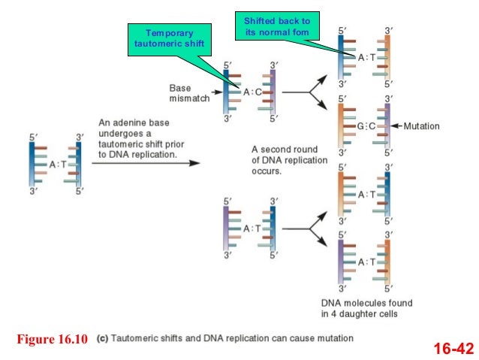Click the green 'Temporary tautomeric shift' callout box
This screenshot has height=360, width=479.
pos(168,39)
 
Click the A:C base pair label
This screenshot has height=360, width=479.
pos(252,92)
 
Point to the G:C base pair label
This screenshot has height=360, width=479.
pos(367,126)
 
